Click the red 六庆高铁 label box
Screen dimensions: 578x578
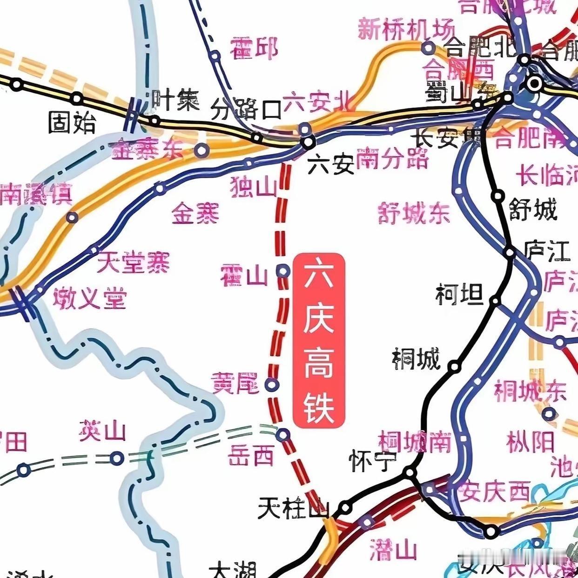tap(319, 340)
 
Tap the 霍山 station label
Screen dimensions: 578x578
tap(244, 275)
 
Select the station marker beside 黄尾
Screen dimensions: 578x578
tap(272, 384)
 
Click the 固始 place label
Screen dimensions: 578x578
tap(73, 123)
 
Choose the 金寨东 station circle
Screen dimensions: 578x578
tap(201, 150)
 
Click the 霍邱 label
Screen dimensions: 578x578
tap(254, 47)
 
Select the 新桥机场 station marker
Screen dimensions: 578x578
tap(428, 47)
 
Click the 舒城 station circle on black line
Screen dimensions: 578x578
tap(498, 195)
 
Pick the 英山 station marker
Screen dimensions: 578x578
tap(117, 458)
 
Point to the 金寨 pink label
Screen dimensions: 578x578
tap(195, 214)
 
